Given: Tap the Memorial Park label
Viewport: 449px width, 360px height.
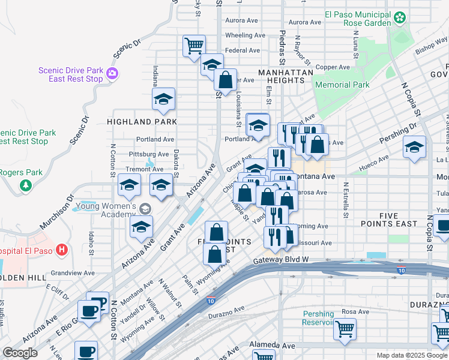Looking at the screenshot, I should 342,85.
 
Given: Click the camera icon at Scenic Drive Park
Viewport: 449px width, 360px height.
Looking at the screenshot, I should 112,74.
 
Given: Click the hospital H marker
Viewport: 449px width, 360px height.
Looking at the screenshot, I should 61,249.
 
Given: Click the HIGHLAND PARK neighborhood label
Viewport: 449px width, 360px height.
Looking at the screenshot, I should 142,121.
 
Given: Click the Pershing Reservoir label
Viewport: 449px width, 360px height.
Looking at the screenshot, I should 318,318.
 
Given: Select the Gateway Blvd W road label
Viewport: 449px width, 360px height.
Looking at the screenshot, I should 280,260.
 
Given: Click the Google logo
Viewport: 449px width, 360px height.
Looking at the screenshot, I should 20,353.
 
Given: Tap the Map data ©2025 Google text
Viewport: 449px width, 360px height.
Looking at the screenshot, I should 411,355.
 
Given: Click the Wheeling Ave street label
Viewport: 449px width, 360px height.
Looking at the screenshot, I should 245,35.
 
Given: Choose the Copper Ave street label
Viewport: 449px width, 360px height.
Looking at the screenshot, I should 333,67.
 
